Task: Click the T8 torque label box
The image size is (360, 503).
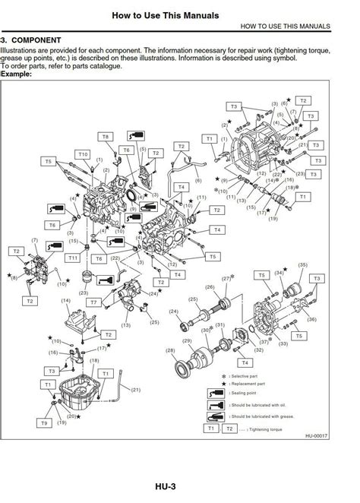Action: tap(106, 137)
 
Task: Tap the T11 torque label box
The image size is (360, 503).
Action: tap(73, 258)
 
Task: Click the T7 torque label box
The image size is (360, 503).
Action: tap(93, 302)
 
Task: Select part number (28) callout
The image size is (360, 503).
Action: tap(170, 350)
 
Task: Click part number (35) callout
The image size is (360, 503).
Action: tap(303, 265)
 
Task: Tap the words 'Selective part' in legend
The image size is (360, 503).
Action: tap(250, 376)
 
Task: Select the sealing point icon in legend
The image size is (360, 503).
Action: tap(216, 393)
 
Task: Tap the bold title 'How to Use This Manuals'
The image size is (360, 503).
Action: tap(165, 14)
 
